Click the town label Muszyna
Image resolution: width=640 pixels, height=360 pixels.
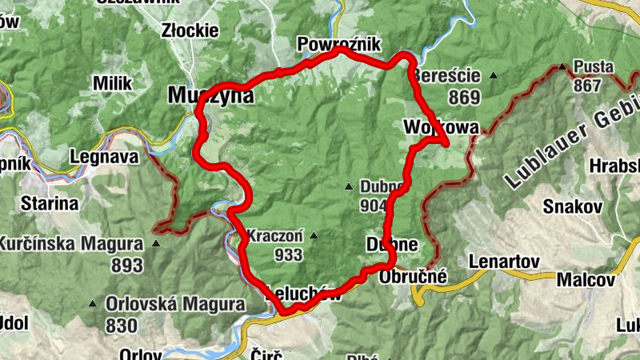[x=210, y=96]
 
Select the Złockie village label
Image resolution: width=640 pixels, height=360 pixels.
[x=190, y=30]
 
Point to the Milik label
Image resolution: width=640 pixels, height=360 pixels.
[x=112, y=83]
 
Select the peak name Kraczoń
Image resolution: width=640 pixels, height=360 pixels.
[x=275, y=237]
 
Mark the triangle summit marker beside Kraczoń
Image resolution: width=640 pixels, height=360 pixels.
[x=314, y=236]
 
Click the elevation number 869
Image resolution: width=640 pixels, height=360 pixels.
[x=464, y=98]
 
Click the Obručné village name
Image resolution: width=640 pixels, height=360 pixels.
[x=413, y=276]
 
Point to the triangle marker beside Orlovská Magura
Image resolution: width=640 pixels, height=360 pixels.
[x=94, y=304]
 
